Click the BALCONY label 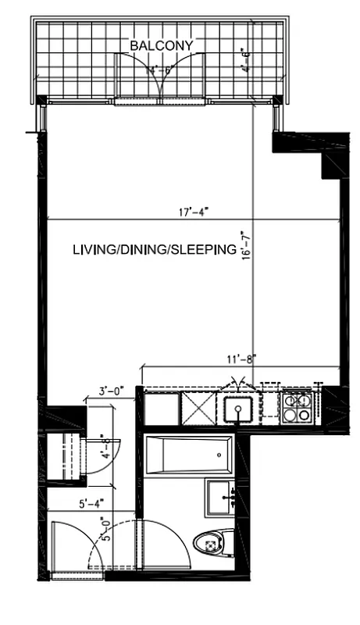[162, 46]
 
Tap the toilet [213, 541]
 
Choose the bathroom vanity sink [226, 497]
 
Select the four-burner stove [298, 407]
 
